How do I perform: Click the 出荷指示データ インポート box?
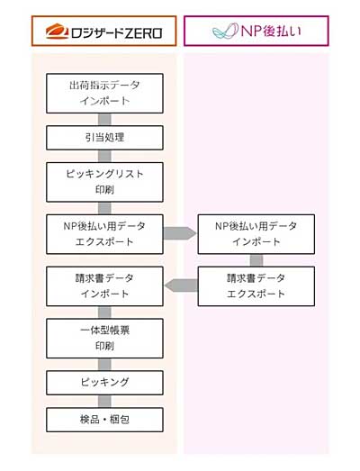(x=104, y=93)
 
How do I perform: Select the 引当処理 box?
(x=104, y=138)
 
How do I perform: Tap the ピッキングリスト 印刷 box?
(x=104, y=182)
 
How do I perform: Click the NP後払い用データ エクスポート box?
(x=104, y=234)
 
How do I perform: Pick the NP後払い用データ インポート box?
(x=256, y=234)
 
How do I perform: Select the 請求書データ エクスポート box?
(x=256, y=286)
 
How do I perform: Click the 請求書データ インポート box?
(x=104, y=286)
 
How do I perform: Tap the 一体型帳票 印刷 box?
(x=104, y=339)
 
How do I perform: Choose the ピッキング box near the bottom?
(x=104, y=383)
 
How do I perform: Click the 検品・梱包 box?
(x=104, y=420)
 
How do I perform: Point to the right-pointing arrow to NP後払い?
(x=180, y=233)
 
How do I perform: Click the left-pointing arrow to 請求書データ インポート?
(x=181, y=285)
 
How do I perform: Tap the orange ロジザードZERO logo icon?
(x=57, y=32)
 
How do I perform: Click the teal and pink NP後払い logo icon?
(x=225, y=32)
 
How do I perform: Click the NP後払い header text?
(x=271, y=32)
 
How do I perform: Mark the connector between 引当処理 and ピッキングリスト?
(x=104, y=156)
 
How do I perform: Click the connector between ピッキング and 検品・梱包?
(x=104, y=402)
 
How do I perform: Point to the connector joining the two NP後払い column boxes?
(x=256, y=260)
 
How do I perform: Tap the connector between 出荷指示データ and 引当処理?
(x=104, y=120)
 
